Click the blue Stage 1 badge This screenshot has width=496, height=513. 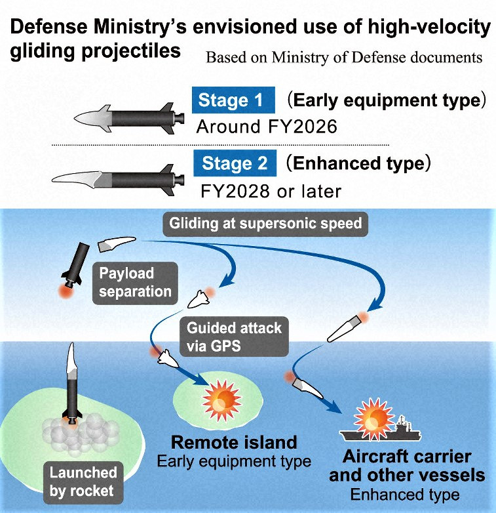(x=231, y=100)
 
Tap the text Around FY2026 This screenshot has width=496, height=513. (x=267, y=126)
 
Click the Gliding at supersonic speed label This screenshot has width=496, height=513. (x=265, y=224)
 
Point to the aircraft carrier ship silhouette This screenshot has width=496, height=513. (x=381, y=432)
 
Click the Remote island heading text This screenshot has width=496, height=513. (x=234, y=441)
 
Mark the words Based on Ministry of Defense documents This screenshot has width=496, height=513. (x=344, y=58)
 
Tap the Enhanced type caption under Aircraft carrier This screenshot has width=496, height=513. (x=406, y=494)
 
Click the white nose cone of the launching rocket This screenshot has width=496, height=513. (x=71, y=357)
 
